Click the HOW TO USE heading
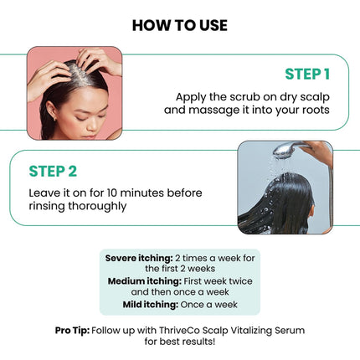(x=179, y=25)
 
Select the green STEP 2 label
(x=53, y=171)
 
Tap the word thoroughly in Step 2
(x=94, y=205)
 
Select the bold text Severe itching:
(x=139, y=257)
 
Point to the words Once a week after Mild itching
(x=215, y=305)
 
